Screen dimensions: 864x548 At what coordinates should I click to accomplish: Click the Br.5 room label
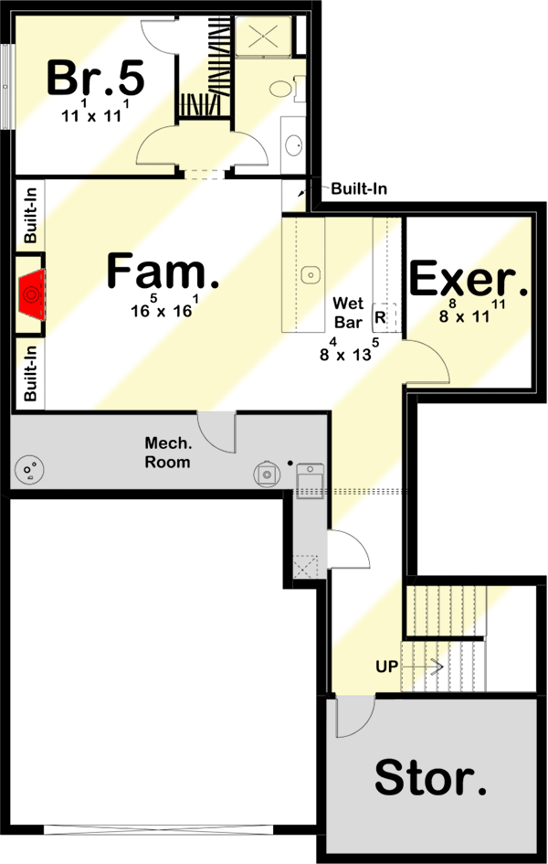click(95, 78)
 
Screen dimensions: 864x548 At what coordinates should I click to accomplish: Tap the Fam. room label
click(163, 272)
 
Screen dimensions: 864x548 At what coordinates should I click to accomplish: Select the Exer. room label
click(469, 281)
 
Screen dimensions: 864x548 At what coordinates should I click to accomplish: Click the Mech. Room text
click(167, 453)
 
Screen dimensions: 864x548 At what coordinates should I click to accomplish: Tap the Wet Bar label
click(349, 312)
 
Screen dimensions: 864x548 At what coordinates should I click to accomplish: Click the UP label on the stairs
click(386, 666)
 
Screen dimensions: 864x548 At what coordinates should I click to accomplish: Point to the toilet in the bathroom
click(279, 90)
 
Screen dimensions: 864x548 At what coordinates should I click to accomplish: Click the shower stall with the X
click(263, 37)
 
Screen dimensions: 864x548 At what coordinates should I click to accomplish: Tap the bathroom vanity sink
click(294, 144)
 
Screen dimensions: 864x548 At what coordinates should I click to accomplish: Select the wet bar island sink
click(310, 272)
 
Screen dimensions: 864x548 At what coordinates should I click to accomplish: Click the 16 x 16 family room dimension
click(163, 308)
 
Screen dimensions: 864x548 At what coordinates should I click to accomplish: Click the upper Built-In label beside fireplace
click(31, 215)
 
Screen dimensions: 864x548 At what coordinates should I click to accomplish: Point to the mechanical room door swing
click(216, 432)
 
